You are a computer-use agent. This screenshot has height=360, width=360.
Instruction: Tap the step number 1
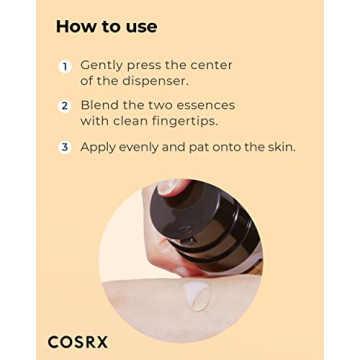tap(64, 66)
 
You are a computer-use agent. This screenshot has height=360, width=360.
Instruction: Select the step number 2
tap(64, 106)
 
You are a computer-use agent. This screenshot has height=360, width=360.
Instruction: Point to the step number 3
tap(64, 147)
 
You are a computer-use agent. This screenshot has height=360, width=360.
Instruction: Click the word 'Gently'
tap(104, 66)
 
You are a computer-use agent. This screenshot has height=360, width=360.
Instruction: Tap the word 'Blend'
tap(101, 105)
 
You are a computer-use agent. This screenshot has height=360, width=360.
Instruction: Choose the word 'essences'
tap(205, 105)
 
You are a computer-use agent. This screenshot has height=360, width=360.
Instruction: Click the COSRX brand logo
tap(78, 342)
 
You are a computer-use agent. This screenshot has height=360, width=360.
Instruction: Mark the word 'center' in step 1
tap(207, 66)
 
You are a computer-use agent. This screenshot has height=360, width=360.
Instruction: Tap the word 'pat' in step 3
tap(208, 147)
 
